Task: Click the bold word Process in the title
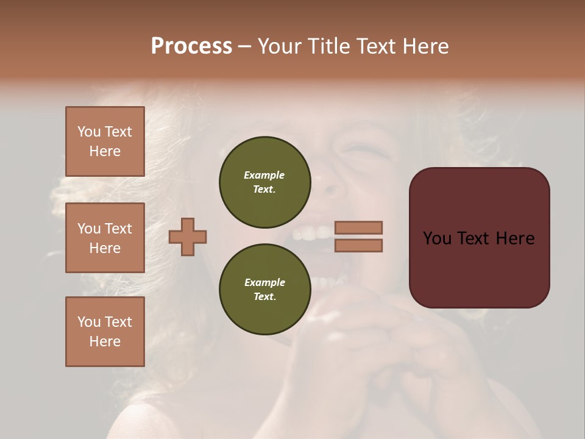pyautogui.click(x=191, y=46)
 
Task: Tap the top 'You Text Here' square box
pyautogui.click(x=105, y=141)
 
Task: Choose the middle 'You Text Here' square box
pyautogui.click(x=105, y=238)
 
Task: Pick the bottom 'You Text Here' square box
pyautogui.click(x=105, y=332)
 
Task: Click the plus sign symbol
pyautogui.click(x=188, y=237)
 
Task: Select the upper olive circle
pyautogui.click(x=264, y=182)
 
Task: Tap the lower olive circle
pyautogui.click(x=264, y=289)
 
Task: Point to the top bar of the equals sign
pyautogui.click(x=358, y=227)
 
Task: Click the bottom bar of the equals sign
pyautogui.click(x=358, y=245)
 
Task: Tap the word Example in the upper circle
pyautogui.click(x=264, y=175)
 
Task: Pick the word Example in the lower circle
pyautogui.click(x=264, y=282)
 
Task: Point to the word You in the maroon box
pyautogui.click(x=436, y=238)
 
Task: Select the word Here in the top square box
pyautogui.click(x=105, y=151)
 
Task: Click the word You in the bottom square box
pyautogui.click(x=89, y=322)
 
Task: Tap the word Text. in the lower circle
pyautogui.click(x=264, y=296)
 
